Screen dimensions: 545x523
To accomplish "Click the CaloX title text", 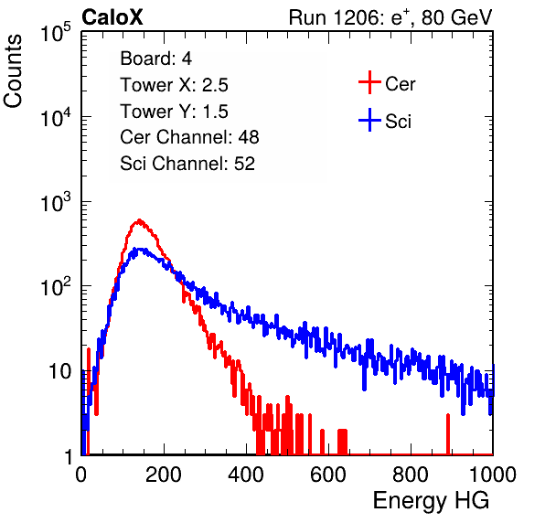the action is [x=112, y=17].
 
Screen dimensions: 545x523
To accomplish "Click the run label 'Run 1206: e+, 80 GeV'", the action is [x=390, y=17].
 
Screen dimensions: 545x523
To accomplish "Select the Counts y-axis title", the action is [x=13, y=71].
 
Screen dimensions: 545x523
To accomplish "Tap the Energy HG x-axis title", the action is [x=431, y=500].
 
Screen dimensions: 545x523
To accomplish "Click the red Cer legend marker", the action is [x=369, y=82].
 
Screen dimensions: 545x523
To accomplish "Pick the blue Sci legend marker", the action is [x=369, y=121].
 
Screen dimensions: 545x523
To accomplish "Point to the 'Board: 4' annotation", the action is [x=156, y=59].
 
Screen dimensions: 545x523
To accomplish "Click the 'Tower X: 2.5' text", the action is [x=174, y=85].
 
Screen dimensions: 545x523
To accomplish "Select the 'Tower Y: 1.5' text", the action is [x=174, y=112].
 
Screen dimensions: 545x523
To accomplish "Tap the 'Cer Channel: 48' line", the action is [x=189, y=137].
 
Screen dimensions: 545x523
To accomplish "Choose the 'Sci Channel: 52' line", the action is [x=187, y=164].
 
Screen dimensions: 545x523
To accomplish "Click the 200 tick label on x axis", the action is [x=164, y=475].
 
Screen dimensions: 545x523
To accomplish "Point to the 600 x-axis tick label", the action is [x=328, y=475].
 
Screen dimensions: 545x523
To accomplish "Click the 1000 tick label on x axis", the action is [x=493, y=475].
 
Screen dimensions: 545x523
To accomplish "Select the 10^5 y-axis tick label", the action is [x=56, y=33].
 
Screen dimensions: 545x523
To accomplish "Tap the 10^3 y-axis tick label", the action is [x=56, y=202].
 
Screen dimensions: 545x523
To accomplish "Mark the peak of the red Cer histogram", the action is [x=139, y=220].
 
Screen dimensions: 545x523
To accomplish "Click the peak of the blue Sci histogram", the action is [x=140, y=250].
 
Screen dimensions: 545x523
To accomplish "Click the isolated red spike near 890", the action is [x=448, y=434].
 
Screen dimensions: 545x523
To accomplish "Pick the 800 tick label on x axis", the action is [x=411, y=475].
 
